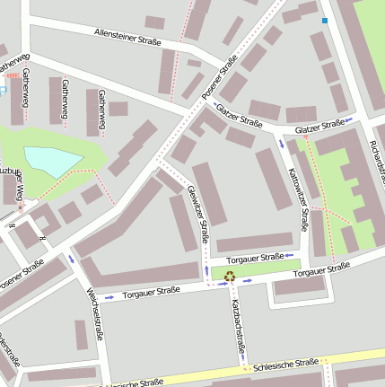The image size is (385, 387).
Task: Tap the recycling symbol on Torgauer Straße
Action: [x=229, y=277]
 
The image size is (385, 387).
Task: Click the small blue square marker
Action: [x=325, y=20]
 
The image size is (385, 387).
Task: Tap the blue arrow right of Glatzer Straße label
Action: [x=350, y=120]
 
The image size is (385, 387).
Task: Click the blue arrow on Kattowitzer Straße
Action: [x=282, y=143]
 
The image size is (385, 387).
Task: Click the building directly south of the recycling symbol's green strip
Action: [x=300, y=286]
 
